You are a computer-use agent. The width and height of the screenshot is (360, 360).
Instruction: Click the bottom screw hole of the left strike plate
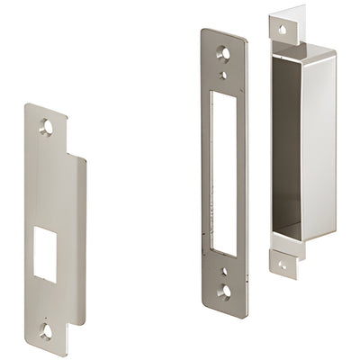[46, 331]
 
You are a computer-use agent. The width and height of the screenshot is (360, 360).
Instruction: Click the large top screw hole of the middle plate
[223, 53]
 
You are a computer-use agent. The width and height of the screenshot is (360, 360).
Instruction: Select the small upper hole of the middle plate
[223, 76]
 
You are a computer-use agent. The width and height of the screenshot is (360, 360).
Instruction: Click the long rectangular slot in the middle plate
[224, 172]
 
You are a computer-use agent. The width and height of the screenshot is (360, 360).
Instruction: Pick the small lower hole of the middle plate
[224, 270]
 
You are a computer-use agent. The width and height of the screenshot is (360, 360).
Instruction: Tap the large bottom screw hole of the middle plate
[224, 291]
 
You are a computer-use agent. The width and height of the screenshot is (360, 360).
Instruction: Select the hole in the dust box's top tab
[282, 30]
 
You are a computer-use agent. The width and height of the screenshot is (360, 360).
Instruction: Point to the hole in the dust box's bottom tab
[282, 265]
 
